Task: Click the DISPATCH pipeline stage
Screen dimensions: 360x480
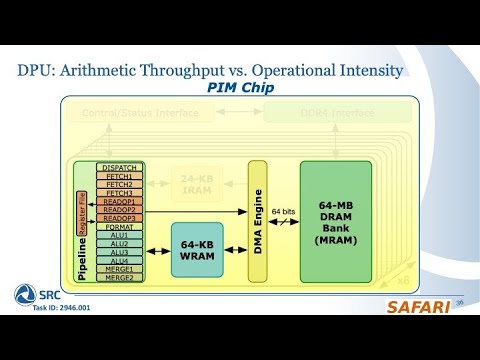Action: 119,167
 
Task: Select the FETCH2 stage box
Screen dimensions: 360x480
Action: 119,184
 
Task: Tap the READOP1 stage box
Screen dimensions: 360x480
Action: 119,201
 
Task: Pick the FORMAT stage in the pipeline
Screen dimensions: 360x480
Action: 119,226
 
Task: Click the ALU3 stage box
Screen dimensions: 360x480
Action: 119,252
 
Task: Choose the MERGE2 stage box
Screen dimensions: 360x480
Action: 119,277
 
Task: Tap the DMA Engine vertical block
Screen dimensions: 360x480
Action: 258,220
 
